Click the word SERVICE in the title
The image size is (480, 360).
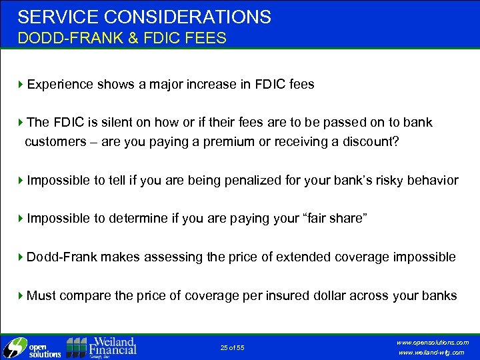51,17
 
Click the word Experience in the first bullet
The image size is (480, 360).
61,85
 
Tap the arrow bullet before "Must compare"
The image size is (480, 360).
21,295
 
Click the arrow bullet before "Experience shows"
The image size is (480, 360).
21,85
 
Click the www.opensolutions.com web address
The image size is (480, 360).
433,342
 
